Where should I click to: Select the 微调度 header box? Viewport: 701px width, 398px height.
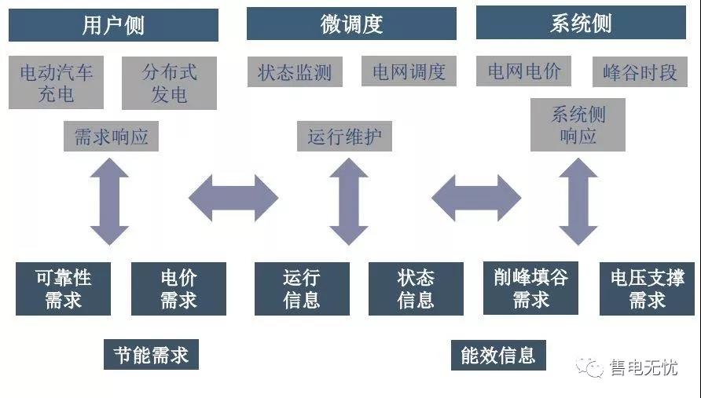click(351, 24)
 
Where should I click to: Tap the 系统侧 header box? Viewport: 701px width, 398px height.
click(581, 23)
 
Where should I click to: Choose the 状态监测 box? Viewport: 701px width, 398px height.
click(295, 73)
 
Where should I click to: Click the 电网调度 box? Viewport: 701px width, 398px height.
click(409, 73)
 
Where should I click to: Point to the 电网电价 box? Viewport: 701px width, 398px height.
click(524, 72)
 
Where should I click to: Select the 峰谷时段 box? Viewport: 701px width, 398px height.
click(640, 73)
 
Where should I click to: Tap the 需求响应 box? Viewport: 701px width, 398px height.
click(111, 137)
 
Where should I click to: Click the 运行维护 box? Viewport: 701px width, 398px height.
click(344, 137)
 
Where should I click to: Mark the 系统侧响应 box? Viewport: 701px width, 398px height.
click(578, 125)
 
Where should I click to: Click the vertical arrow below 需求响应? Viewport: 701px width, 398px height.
click(110, 201)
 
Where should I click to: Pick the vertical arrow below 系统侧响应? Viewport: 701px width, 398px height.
click(578, 201)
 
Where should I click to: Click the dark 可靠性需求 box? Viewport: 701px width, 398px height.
click(64, 288)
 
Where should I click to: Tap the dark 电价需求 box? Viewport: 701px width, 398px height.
click(178, 288)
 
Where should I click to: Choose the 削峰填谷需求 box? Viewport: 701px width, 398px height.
click(530, 288)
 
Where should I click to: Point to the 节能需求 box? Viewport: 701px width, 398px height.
click(151, 355)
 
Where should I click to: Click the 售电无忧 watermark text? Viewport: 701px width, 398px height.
click(643, 367)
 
